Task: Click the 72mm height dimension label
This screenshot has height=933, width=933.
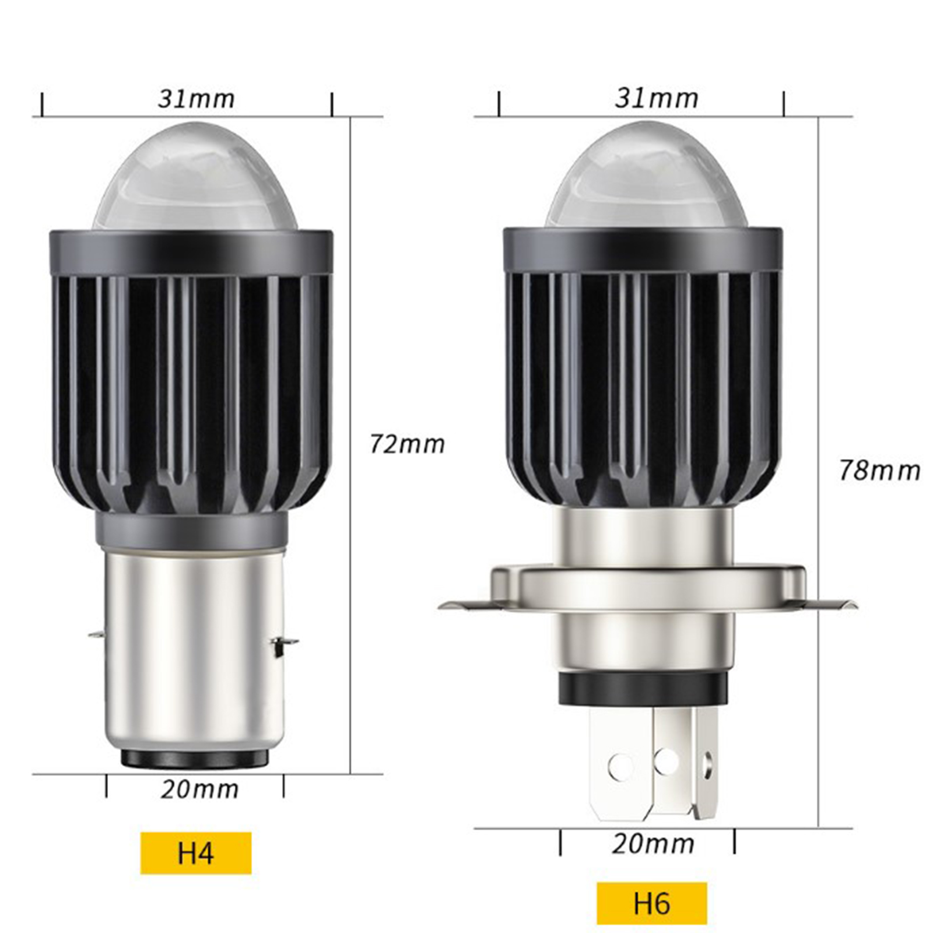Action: click(x=407, y=444)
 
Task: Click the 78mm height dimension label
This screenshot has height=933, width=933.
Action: click(x=879, y=471)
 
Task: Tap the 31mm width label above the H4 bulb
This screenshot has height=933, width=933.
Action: click(x=196, y=99)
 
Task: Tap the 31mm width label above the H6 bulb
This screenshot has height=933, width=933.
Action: click(x=657, y=99)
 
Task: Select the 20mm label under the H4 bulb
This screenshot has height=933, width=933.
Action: click(x=199, y=789)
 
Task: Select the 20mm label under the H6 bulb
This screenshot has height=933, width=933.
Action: click(x=653, y=844)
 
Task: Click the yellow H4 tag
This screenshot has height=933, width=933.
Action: click(x=196, y=853)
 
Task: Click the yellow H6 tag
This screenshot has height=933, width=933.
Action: click(x=652, y=903)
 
